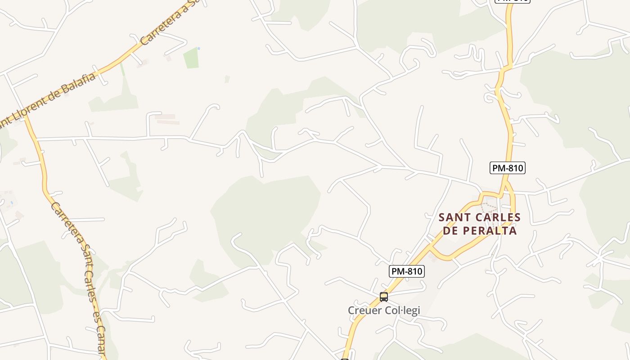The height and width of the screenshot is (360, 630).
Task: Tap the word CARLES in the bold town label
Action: pyautogui.click(x=496, y=217)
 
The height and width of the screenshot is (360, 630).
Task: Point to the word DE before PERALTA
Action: pyautogui.click(x=451, y=231)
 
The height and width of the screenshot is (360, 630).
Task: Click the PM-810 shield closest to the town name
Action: pyautogui.click(x=507, y=168)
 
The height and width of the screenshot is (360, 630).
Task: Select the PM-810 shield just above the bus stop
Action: pyautogui.click(x=406, y=271)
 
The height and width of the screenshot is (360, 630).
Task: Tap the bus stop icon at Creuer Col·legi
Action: pyautogui.click(x=383, y=297)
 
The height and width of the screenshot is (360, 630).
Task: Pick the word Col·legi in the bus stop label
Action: pyautogui.click(x=403, y=310)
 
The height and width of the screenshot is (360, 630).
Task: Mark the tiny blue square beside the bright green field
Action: pyautogui.click(x=198, y=48)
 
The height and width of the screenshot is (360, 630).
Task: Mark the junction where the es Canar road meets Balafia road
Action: pyautogui.click(x=25, y=114)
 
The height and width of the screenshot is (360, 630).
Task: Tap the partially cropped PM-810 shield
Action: pyautogui.click(x=513, y=1)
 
